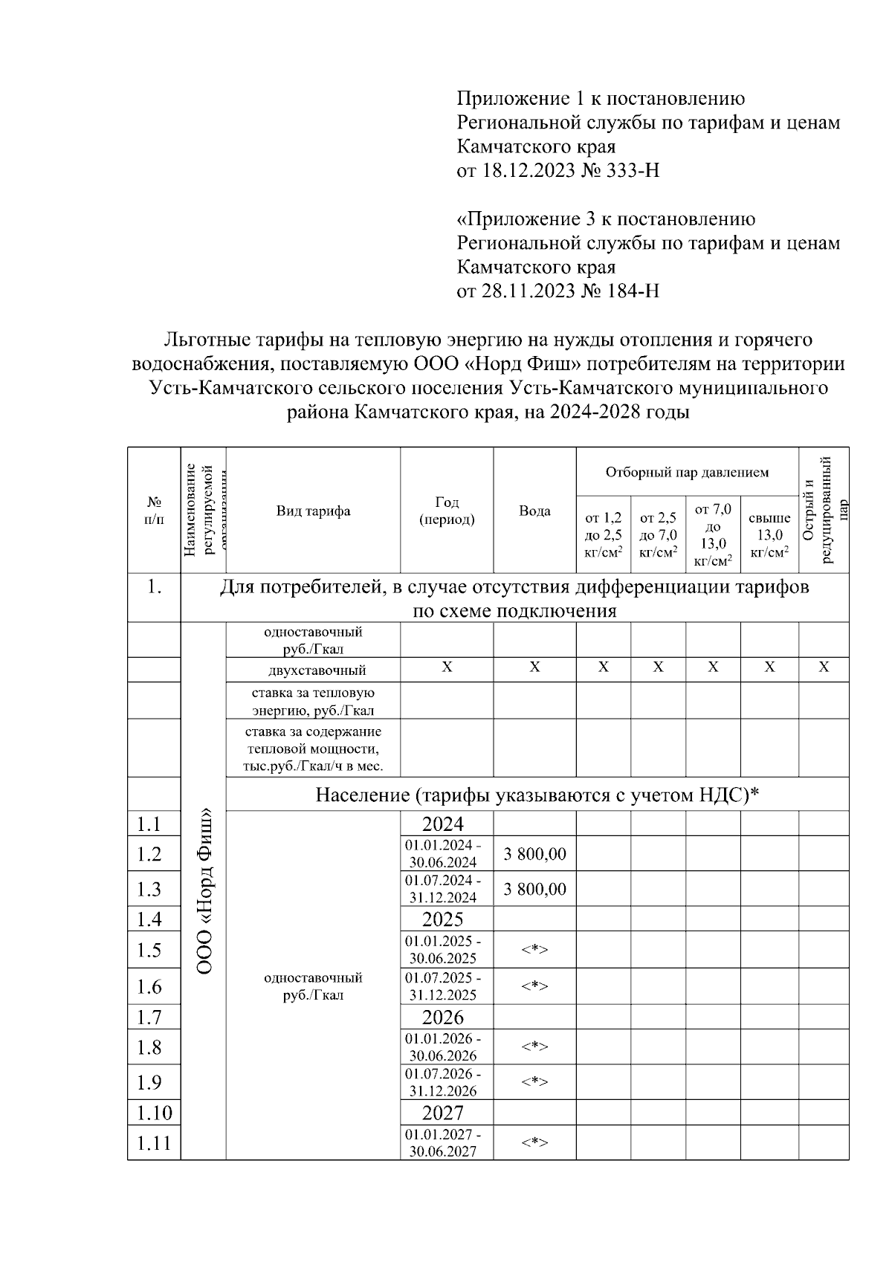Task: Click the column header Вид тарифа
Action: tap(313, 511)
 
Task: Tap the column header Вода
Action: tap(534, 511)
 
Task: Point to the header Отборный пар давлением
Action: tap(687, 473)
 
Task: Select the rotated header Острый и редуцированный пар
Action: tap(823, 511)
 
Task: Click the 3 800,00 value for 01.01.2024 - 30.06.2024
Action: tap(534, 854)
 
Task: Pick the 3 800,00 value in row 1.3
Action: tap(534, 889)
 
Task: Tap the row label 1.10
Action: tap(154, 1113)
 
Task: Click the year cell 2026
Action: tap(442, 1017)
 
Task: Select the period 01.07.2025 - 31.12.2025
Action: tap(442, 986)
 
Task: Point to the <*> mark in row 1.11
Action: tap(534, 1142)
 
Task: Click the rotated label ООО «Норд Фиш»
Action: tap(204, 892)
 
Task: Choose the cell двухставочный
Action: tap(313, 670)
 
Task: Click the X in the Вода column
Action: tap(534, 667)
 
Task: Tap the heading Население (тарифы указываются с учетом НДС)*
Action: tap(537, 795)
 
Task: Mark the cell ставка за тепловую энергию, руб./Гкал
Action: tap(313, 701)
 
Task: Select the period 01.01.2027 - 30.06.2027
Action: tap(442, 1143)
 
